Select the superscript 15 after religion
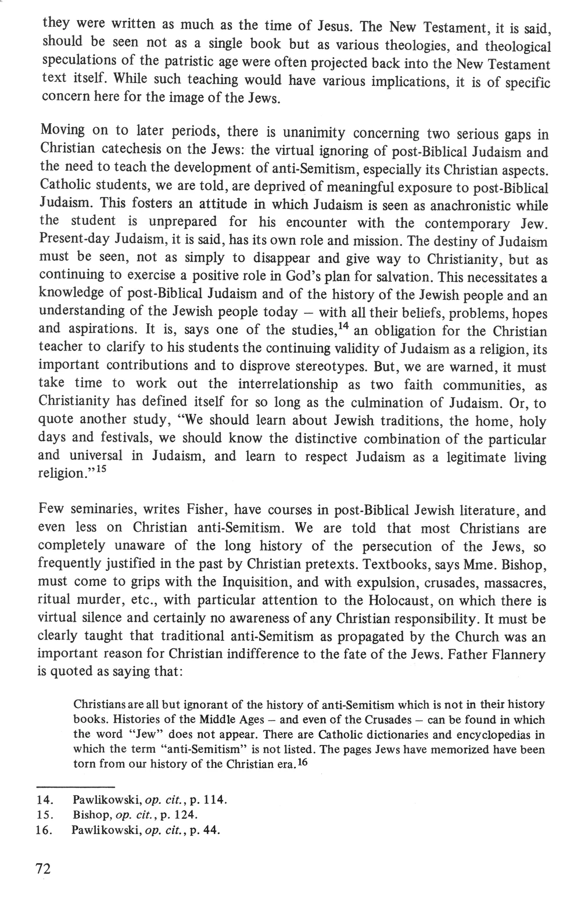tap(103, 469)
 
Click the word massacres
tap(511, 583)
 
